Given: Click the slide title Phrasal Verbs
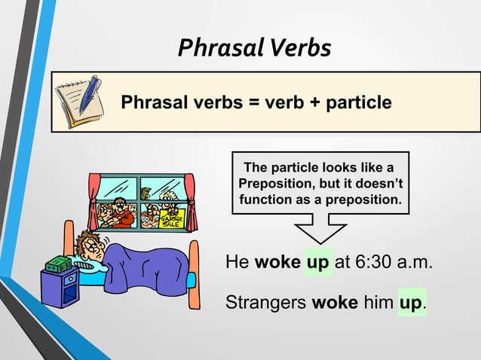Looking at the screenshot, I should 254,47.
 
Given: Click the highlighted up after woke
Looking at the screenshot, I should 317,264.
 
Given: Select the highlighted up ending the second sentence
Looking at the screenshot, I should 411,303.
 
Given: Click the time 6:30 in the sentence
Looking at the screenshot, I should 374,264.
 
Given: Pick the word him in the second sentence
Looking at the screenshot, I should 378,303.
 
